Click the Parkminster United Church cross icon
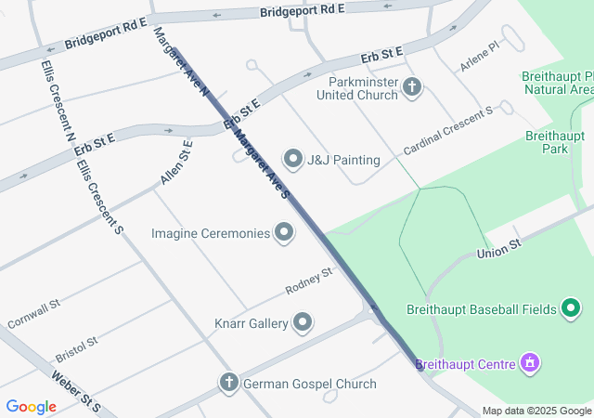413,88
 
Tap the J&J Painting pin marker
294,160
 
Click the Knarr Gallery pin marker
303,323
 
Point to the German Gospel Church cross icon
229,383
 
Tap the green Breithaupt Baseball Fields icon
575,308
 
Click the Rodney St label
308,281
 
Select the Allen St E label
175,162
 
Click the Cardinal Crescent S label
447,130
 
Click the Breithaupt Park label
554,141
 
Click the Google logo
32,407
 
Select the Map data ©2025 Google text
536,411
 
